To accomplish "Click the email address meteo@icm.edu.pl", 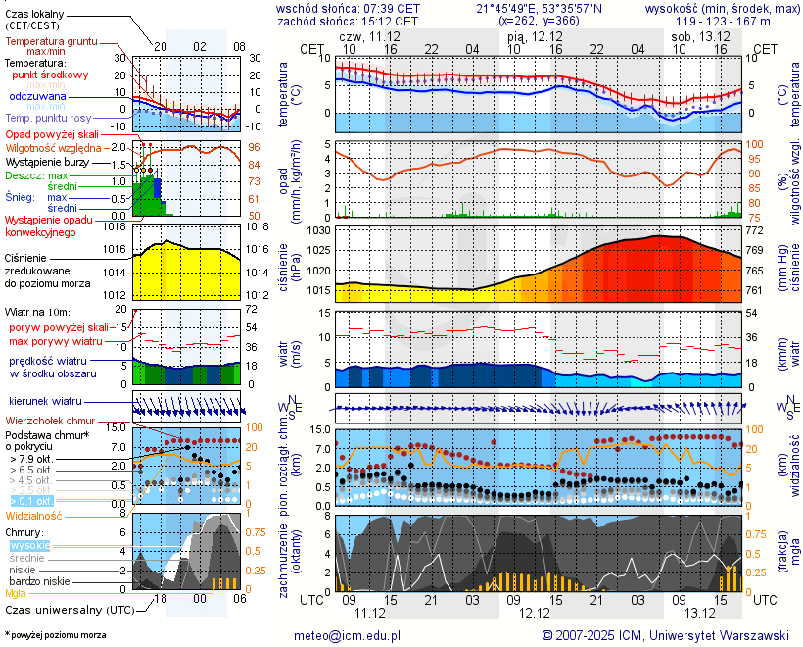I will (x=348, y=635).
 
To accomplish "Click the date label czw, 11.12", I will (x=370, y=36).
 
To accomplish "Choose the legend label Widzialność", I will (x=34, y=514).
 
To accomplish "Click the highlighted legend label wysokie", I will (x=28, y=545).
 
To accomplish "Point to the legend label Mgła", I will (x=16, y=593).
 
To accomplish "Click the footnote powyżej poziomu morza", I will (x=56, y=635).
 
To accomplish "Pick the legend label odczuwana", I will (x=37, y=97).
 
